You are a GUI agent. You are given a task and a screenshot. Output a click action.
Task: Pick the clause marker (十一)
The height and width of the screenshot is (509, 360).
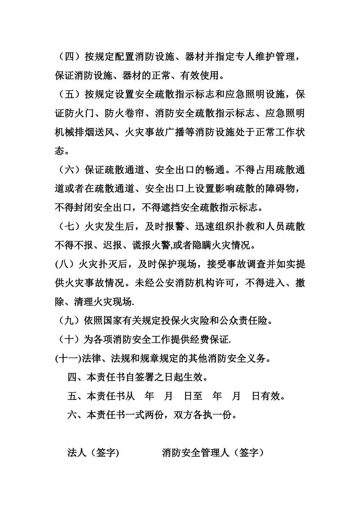(69, 358)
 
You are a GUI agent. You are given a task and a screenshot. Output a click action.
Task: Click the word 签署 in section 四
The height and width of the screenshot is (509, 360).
(144, 377)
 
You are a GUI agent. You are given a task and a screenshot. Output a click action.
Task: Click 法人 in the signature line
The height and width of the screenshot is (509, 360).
(77, 453)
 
